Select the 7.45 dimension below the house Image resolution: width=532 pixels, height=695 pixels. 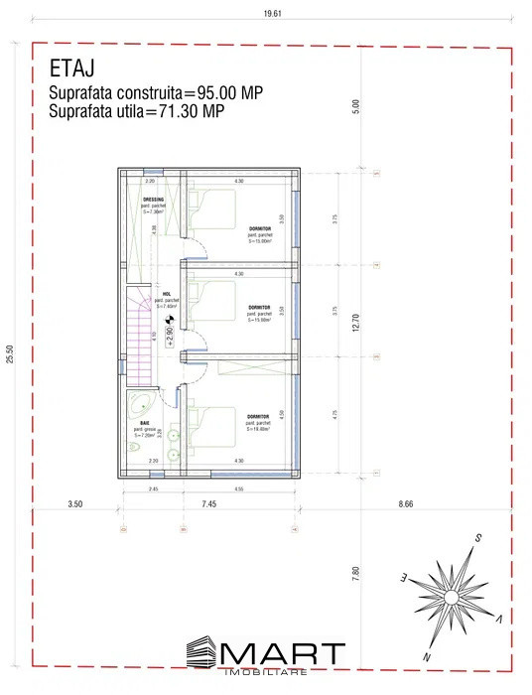click(x=208, y=505)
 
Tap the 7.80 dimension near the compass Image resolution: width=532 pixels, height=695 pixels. click(x=356, y=573)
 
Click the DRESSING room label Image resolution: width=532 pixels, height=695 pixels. click(x=154, y=200)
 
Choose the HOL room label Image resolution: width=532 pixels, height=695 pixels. click(x=166, y=294)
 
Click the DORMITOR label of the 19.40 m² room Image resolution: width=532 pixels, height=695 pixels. click(x=259, y=416)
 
